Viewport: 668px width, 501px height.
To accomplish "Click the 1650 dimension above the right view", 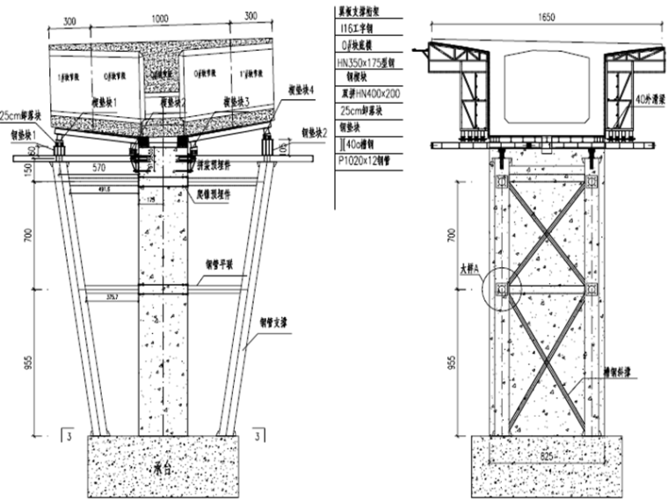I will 534,14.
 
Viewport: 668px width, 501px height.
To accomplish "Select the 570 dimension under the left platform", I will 99,167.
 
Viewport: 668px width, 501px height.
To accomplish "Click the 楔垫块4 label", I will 301,91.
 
